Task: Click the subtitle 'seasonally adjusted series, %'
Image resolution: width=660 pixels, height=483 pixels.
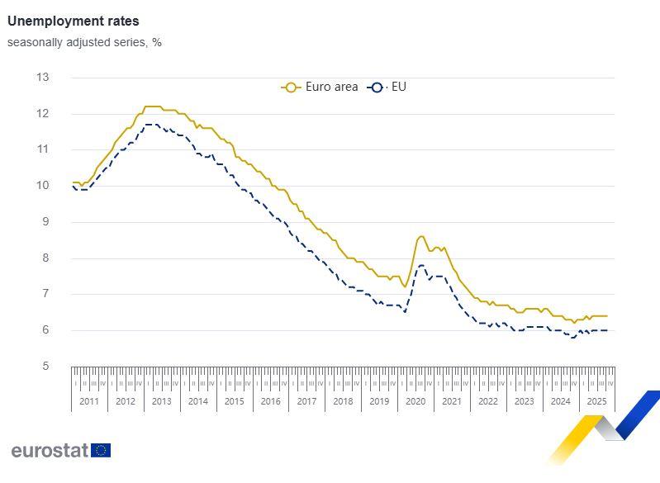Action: (x=84, y=42)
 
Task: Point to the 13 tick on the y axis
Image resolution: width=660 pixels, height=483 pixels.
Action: (x=43, y=78)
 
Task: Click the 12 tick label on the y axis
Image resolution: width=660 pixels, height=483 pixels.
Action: (x=43, y=113)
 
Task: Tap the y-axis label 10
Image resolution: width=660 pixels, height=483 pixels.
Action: (x=43, y=186)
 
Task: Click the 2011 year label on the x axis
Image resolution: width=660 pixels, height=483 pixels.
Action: (x=89, y=401)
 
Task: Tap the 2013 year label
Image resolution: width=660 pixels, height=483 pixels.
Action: (x=162, y=401)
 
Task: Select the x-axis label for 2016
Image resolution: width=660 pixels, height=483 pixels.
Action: (x=270, y=401)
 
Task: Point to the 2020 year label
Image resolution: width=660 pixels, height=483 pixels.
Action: (x=415, y=401)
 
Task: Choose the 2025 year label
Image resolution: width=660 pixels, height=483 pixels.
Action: (x=596, y=401)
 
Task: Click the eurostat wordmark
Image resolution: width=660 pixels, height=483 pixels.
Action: (x=50, y=450)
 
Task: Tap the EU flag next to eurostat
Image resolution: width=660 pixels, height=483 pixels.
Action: (x=102, y=450)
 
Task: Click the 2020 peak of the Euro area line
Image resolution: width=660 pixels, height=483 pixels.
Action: (x=421, y=236)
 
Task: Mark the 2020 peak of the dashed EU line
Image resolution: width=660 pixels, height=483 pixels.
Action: (x=421, y=265)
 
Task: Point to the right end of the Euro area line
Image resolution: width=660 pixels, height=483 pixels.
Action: (x=607, y=315)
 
